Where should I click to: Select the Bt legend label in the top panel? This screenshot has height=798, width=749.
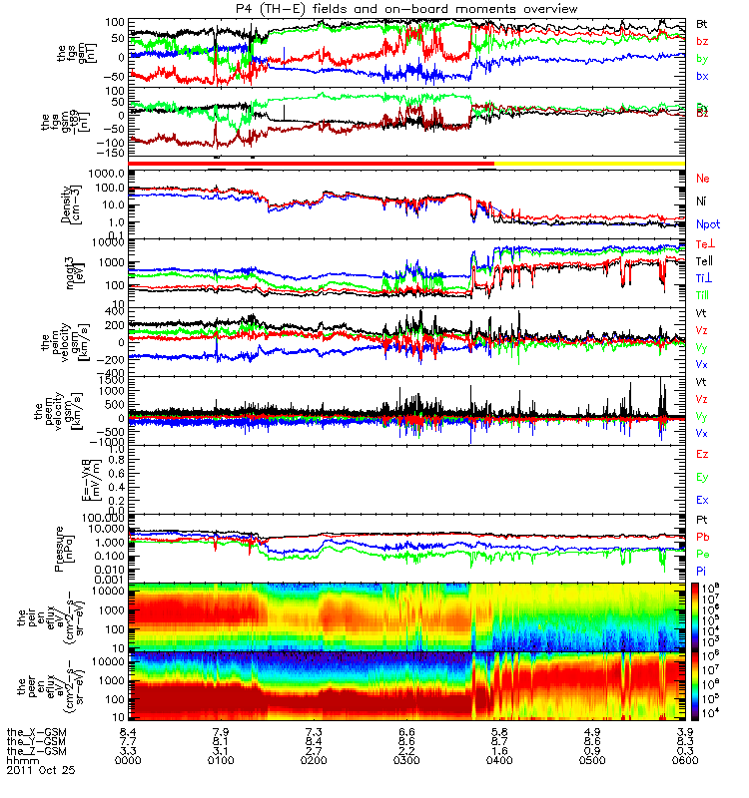pos(703,23)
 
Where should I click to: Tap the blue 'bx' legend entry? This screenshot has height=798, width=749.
pos(703,76)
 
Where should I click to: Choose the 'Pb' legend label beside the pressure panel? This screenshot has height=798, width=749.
pos(703,538)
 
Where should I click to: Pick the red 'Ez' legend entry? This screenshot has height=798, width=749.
pos(703,454)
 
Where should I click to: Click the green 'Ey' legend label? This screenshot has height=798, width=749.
pos(703,477)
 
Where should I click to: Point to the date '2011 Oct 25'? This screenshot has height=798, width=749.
pos(40,771)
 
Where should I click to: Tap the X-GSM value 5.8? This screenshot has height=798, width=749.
pos(499,731)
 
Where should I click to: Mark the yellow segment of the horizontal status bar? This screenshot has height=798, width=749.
pos(589,162)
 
